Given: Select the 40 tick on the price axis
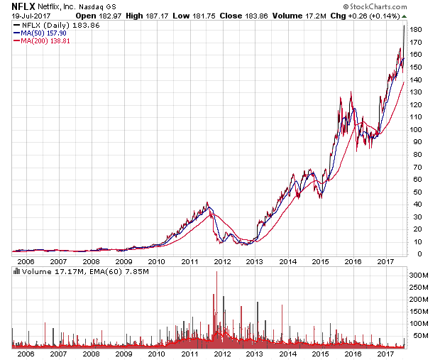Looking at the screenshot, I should point(414,204).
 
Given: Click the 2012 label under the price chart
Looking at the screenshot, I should point(222,261).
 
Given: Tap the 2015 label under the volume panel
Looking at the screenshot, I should point(320,353).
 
